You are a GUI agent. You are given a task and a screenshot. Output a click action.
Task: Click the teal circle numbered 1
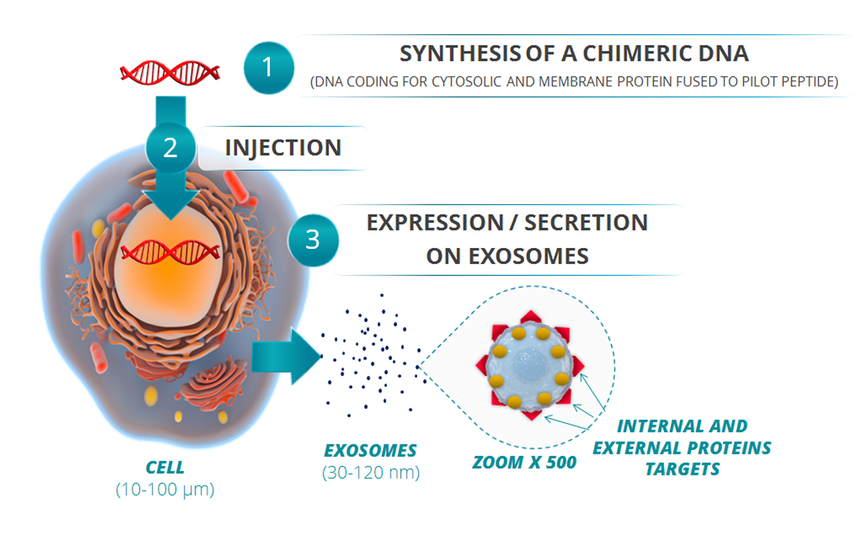269,67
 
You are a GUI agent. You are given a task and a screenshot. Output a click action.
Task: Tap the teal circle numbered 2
171,148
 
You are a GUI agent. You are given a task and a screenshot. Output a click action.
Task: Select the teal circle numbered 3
313,240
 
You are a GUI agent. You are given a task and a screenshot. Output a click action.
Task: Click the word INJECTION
283,148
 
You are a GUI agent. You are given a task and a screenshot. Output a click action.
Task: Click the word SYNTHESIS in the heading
460,53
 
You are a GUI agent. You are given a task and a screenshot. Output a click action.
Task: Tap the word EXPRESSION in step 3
435,223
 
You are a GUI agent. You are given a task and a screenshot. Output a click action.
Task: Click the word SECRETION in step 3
586,223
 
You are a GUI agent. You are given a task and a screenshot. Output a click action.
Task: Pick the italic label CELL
165,468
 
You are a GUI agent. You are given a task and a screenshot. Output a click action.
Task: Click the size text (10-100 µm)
165,489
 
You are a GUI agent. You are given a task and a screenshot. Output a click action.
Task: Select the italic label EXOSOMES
370,451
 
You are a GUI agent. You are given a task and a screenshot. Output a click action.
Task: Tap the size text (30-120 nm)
370,472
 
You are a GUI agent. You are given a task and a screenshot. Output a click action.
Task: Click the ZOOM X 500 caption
524,462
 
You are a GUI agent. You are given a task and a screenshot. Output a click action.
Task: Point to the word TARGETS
683,469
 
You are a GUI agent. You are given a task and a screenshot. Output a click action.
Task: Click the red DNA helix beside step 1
170,73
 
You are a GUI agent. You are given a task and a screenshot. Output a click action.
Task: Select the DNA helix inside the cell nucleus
171,252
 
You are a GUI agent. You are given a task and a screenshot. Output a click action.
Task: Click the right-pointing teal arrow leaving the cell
287,357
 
